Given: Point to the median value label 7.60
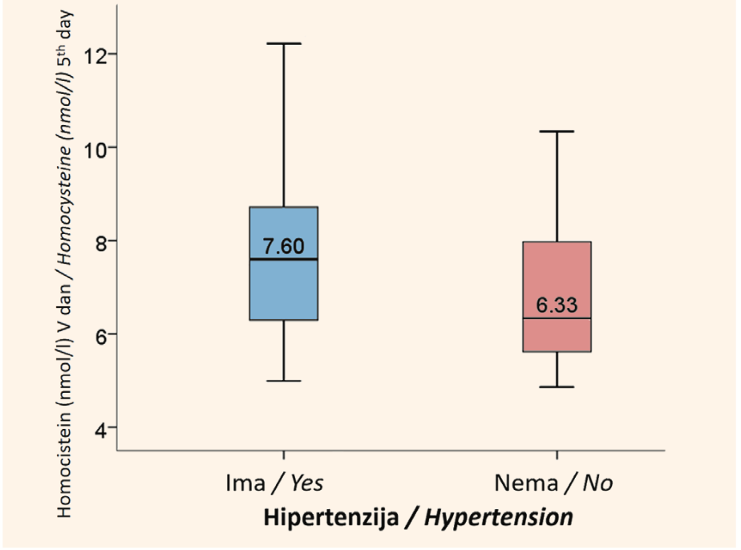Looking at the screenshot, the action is tap(284, 246).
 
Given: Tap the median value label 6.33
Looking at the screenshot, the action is tap(557, 305).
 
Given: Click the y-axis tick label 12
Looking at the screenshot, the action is tap(94, 56).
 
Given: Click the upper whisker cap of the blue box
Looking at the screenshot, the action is tap(284, 43).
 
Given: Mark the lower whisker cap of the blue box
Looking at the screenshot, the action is tap(284, 381).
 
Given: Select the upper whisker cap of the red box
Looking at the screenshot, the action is tap(557, 131).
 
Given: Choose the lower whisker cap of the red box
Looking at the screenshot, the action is tap(557, 387).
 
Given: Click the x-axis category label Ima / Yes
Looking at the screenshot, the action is tap(274, 483).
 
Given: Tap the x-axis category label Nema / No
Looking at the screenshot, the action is tap(553, 483).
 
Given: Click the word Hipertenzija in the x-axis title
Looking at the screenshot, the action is tap(331, 517).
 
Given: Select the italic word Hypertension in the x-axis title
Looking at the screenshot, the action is tap(499, 517).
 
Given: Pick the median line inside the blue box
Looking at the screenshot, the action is tap(284, 260).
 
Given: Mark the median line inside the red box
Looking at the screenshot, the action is tap(557, 318).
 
